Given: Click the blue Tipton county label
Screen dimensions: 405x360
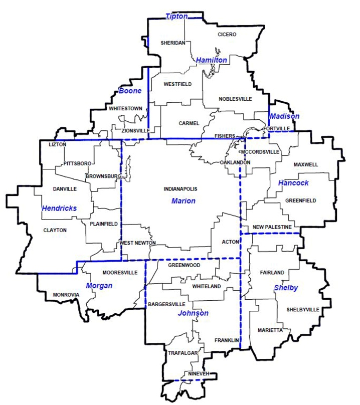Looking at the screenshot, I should [176, 17].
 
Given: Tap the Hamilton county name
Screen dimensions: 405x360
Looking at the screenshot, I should [211, 60].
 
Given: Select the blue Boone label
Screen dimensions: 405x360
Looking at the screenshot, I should [130, 91].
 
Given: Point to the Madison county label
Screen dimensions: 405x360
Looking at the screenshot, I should [284, 116].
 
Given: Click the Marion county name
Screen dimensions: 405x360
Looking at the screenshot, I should [183, 201].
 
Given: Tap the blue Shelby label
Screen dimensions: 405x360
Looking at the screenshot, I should [286, 288].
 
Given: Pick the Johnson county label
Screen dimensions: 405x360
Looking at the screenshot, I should [193, 313].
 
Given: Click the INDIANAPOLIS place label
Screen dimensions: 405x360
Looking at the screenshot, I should [181, 189].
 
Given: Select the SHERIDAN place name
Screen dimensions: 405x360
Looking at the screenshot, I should [173, 43].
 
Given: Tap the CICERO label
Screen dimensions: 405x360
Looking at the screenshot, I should [227, 34].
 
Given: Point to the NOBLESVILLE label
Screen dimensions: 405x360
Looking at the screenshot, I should [235, 99].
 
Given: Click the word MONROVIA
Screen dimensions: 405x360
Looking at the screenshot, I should [66, 295].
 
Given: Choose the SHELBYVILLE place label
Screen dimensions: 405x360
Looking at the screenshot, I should [302, 310].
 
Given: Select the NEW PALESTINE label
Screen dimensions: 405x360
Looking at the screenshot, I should [272, 228].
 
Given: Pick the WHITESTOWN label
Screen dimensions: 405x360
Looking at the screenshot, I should [125, 108].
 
